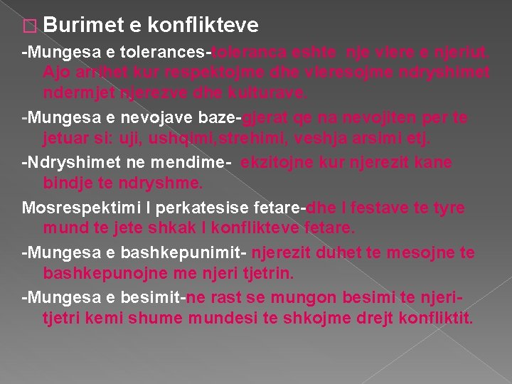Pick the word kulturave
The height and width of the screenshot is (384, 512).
[270, 92]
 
